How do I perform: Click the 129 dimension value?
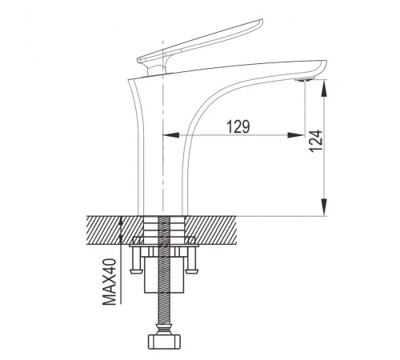point(238,126)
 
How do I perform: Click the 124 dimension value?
point(316,141)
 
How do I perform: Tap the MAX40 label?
point(110,282)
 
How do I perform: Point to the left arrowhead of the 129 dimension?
point(171,135)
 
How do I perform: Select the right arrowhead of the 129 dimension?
point(296,135)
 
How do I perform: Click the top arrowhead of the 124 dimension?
point(324,88)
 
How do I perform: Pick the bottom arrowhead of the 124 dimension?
point(324,206)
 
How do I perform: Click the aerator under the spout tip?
point(305,79)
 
